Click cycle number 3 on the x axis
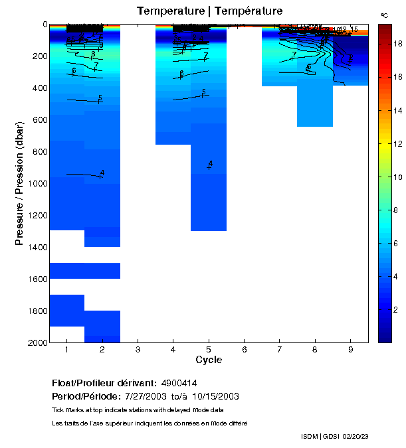pyautogui.click(x=138, y=350)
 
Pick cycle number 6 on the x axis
pyautogui.click(x=244, y=350)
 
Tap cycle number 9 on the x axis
pyautogui.click(x=350, y=350)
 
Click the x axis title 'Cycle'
pyautogui.click(x=209, y=360)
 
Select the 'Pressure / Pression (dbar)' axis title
pyautogui.click(x=19, y=183)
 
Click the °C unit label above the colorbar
pyautogui.click(x=385, y=15)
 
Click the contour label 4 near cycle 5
pyautogui.click(x=210, y=163)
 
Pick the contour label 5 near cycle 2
pyautogui.click(x=100, y=98)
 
